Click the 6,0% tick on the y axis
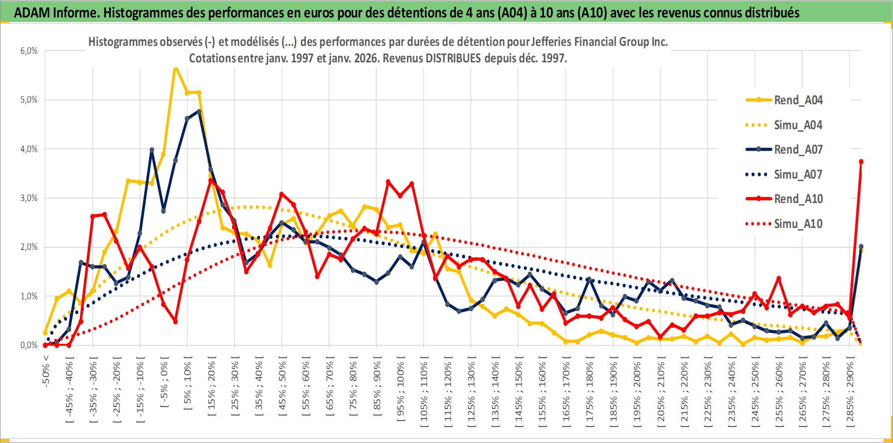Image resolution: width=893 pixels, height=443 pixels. pyautogui.click(x=28, y=51)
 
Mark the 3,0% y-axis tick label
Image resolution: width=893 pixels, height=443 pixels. pyautogui.click(x=28, y=198)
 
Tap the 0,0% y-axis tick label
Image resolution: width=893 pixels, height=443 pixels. pyautogui.click(x=28, y=345)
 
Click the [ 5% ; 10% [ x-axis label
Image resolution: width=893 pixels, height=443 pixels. pyautogui.click(x=188, y=384)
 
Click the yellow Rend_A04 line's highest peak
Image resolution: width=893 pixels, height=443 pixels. pyautogui.click(x=175, y=68)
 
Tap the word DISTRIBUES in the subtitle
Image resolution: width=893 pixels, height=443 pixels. pyautogui.click(x=453, y=58)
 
